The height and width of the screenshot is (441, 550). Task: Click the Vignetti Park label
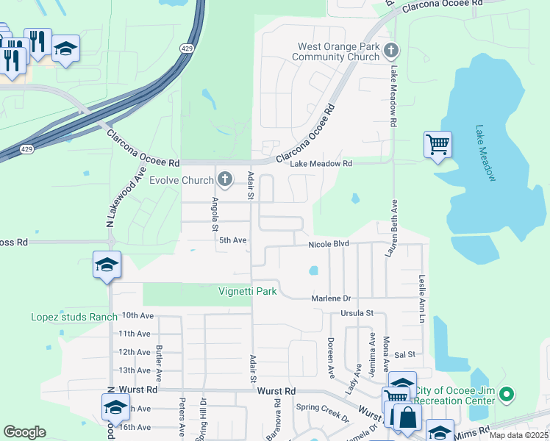pyautogui.click(x=248, y=291)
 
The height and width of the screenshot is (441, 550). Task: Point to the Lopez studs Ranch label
pyautogui.click(x=74, y=317)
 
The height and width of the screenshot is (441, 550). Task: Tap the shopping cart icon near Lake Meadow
pyautogui.click(x=438, y=144)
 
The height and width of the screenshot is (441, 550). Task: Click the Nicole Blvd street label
pyautogui.click(x=328, y=243)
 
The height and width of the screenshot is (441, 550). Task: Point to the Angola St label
pyautogui.click(x=216, y=213)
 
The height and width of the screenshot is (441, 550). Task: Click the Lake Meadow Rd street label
pyautogui.click(x=321, y=163)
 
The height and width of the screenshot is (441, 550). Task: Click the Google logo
pyautogui.click(x=25, y=431)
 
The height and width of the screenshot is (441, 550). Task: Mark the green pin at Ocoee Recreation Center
pyautogui.click(x=505, y=395)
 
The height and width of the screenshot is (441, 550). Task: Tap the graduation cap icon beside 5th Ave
pyautogui.click(x=107, y=265)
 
